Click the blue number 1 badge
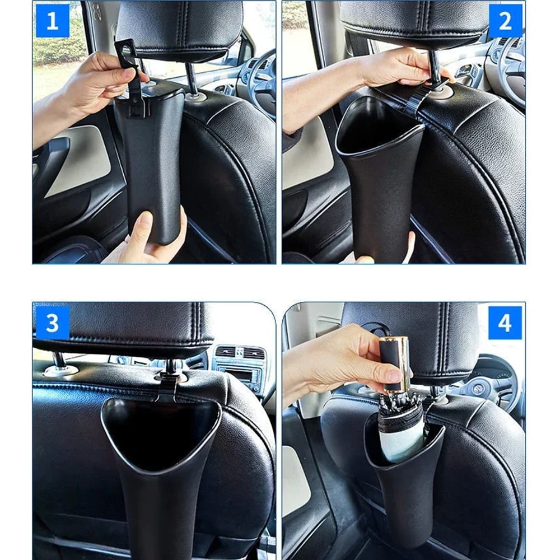tap(52, 21)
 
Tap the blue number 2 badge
tap(505, 21)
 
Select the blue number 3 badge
tap(52, 323)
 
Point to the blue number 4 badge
tap(505, 323)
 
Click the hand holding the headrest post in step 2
tap(392, 70)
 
